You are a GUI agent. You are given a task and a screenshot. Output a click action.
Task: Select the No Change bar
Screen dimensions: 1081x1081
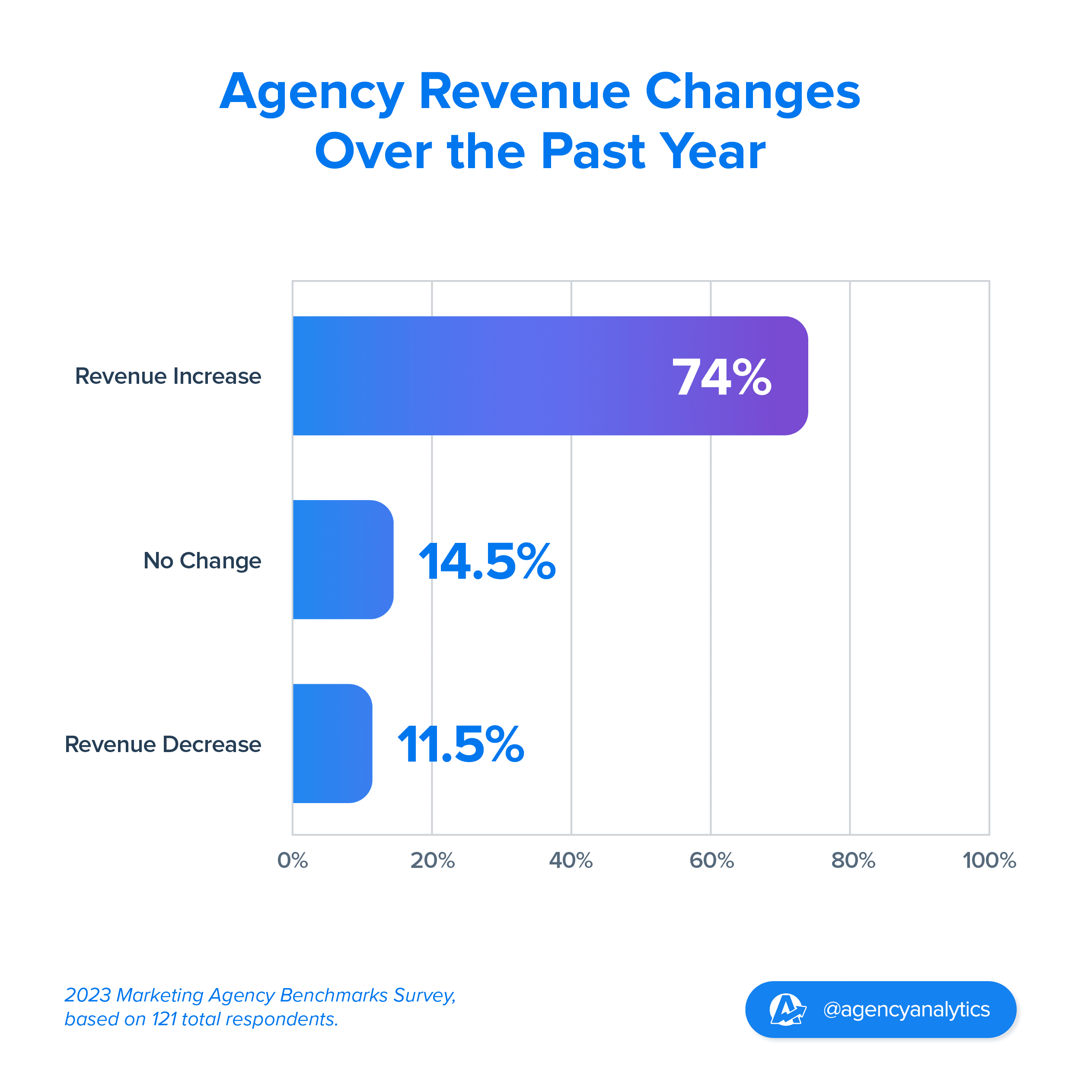tap(342, 560)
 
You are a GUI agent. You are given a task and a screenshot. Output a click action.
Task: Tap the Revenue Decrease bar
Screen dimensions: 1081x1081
tap(332, 743)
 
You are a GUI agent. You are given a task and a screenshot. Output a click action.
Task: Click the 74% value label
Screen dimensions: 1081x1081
tap(722, 378)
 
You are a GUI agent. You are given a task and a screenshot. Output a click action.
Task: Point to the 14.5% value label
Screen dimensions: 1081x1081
tap(487, 561)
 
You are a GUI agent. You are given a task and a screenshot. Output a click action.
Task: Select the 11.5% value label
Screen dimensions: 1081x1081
tap(460, 744)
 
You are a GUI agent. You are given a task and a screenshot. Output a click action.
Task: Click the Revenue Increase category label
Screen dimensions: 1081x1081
tap(168, 376)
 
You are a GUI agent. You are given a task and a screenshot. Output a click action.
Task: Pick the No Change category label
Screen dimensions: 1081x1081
tap(202, 561)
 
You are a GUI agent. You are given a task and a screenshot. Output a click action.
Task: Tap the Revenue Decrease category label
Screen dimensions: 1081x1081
tap(163, 744)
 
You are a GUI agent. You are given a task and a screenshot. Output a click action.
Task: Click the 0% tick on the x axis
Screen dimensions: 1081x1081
tap(293, 861)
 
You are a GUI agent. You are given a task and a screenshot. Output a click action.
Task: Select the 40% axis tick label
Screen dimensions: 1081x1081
tap(571, 861)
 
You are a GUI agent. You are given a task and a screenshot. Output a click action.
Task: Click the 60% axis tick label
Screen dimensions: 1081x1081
tap(711, 861)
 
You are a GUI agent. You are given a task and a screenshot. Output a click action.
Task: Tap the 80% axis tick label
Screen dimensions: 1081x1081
tap(853, 861)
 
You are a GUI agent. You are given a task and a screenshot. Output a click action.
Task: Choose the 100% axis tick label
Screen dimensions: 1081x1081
tap(989, 861)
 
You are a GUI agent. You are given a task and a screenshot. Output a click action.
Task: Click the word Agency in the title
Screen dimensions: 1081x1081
tap(311, 92)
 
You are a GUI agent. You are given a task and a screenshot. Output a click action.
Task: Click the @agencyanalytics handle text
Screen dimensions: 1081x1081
tap(906, 1009)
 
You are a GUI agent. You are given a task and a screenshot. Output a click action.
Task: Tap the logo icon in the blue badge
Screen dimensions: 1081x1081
tap(787, 1009)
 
